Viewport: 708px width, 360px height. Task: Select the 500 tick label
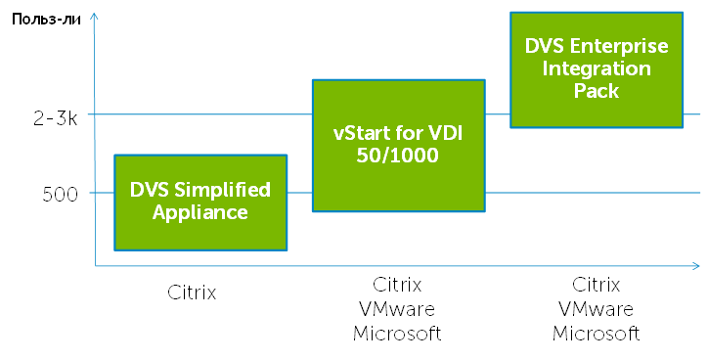(60, 194)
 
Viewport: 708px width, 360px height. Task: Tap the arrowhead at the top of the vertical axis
(94, 19)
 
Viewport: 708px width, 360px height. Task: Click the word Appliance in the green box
(200, 212)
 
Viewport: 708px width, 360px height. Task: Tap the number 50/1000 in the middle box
(398, 156)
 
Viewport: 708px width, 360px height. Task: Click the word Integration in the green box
(597, 68)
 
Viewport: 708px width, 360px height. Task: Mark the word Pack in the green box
(597, 91)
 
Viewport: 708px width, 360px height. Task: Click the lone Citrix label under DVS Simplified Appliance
(191, 292)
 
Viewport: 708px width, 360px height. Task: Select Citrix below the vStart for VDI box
(397, 285)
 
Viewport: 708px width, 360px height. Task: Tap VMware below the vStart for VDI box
(397, 309)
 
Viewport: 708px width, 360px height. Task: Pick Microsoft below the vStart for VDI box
(397, 334)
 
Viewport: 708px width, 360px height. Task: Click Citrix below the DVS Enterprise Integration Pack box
(596, 285)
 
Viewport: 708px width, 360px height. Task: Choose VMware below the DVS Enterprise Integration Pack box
(596, 309)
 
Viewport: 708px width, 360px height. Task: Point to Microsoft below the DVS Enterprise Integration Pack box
(596, 334)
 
